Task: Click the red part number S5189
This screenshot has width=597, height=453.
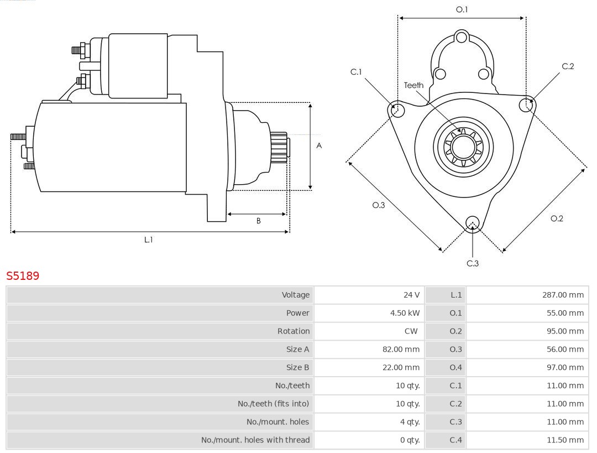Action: (x=23, y=275)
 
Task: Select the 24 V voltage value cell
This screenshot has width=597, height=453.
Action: (x=411, y=295)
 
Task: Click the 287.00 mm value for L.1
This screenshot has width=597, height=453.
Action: (x=563, y=295)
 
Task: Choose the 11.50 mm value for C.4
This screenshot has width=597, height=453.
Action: (x=565, y=440)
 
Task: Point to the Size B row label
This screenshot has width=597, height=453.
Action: (x=297, y=367)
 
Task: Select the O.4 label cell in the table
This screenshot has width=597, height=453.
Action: (x=455, y=367)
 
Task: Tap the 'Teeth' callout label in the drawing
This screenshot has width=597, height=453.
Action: (x=413, y=85)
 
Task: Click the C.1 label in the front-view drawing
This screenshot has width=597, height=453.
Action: (x=356, y=72)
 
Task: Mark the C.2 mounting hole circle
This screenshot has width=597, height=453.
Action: (x=526, y=105)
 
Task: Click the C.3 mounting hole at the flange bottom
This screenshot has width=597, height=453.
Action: (x=472, y=223)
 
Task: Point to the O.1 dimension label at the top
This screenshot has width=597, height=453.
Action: (x=462, y=9)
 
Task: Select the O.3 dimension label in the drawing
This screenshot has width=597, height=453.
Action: (x=378, y=205)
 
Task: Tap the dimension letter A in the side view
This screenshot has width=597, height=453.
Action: (x=319, y=146)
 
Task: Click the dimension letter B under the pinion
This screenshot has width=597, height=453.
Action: (x=258, y=221)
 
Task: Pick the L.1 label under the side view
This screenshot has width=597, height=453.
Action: (x=148, y=239)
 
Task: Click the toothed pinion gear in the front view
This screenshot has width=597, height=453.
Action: (x=463, y=147)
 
